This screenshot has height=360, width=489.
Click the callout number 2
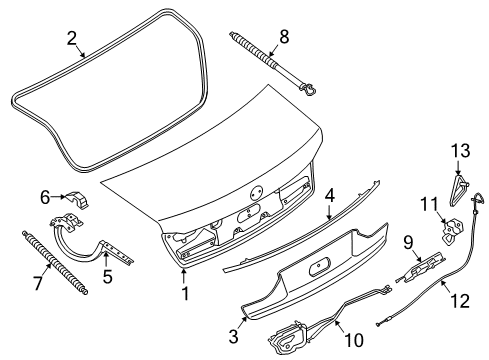[x=72, y=39]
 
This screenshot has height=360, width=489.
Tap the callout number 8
[x=284, y=36]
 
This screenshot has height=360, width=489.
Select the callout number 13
[x=461, y=150]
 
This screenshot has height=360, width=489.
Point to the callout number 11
[x=429, y=204]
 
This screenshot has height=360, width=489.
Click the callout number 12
[x=460, y=301]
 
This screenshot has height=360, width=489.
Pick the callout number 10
[x=354, y=340]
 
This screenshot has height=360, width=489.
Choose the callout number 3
[x=234, y=336]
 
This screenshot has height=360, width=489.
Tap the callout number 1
[x=185, y=293]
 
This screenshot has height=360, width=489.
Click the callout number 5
[x=107, y=276]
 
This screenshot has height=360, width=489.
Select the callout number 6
[x=45, y=197]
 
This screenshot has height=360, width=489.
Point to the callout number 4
[x=329, y=196]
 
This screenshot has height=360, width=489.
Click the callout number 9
[x=408, y=243]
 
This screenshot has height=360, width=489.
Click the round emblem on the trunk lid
[x=257, y=192]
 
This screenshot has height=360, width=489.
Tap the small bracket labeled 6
[x=77, y=200]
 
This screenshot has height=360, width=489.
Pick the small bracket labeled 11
[x=452, y=229]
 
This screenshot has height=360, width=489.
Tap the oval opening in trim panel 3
[x=319, y=266]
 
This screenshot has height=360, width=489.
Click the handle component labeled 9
[x=421, y=267]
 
